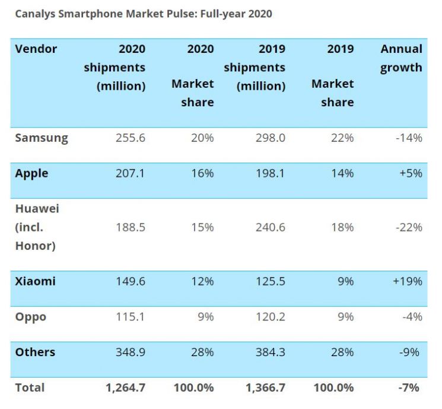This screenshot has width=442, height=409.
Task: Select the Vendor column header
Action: click(36, 49)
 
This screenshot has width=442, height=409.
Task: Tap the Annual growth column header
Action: click(401, 58)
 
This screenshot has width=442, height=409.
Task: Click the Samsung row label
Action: click(42, 138)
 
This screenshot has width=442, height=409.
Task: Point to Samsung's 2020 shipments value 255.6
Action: click(131, 138)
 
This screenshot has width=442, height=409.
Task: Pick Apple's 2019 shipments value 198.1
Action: click(271, 173)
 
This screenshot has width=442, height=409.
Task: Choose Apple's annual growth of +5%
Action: click(411, 173)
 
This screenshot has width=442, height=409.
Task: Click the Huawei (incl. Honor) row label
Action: click(37, 227)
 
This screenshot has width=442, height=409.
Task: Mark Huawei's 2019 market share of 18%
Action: click(342, 227)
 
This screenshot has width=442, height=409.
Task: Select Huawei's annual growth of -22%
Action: click(409, 227)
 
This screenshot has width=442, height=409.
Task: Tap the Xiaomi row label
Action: click(35, 281)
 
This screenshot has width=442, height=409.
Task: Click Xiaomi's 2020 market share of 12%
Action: click(202, 281)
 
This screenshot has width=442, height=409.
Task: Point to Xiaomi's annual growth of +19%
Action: click(408, 281)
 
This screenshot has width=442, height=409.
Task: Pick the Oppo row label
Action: click(30, 317)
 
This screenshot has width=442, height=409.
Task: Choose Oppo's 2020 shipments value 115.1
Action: click(131, 317)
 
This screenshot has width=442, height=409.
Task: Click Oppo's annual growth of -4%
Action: click(412, 317)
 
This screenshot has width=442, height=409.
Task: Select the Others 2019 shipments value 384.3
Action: click(271, 352)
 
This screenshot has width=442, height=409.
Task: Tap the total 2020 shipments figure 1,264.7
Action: click(126, 388)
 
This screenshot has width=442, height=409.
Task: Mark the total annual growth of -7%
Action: click(409, 388)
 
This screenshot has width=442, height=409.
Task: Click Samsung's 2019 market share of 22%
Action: click(342, 138)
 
